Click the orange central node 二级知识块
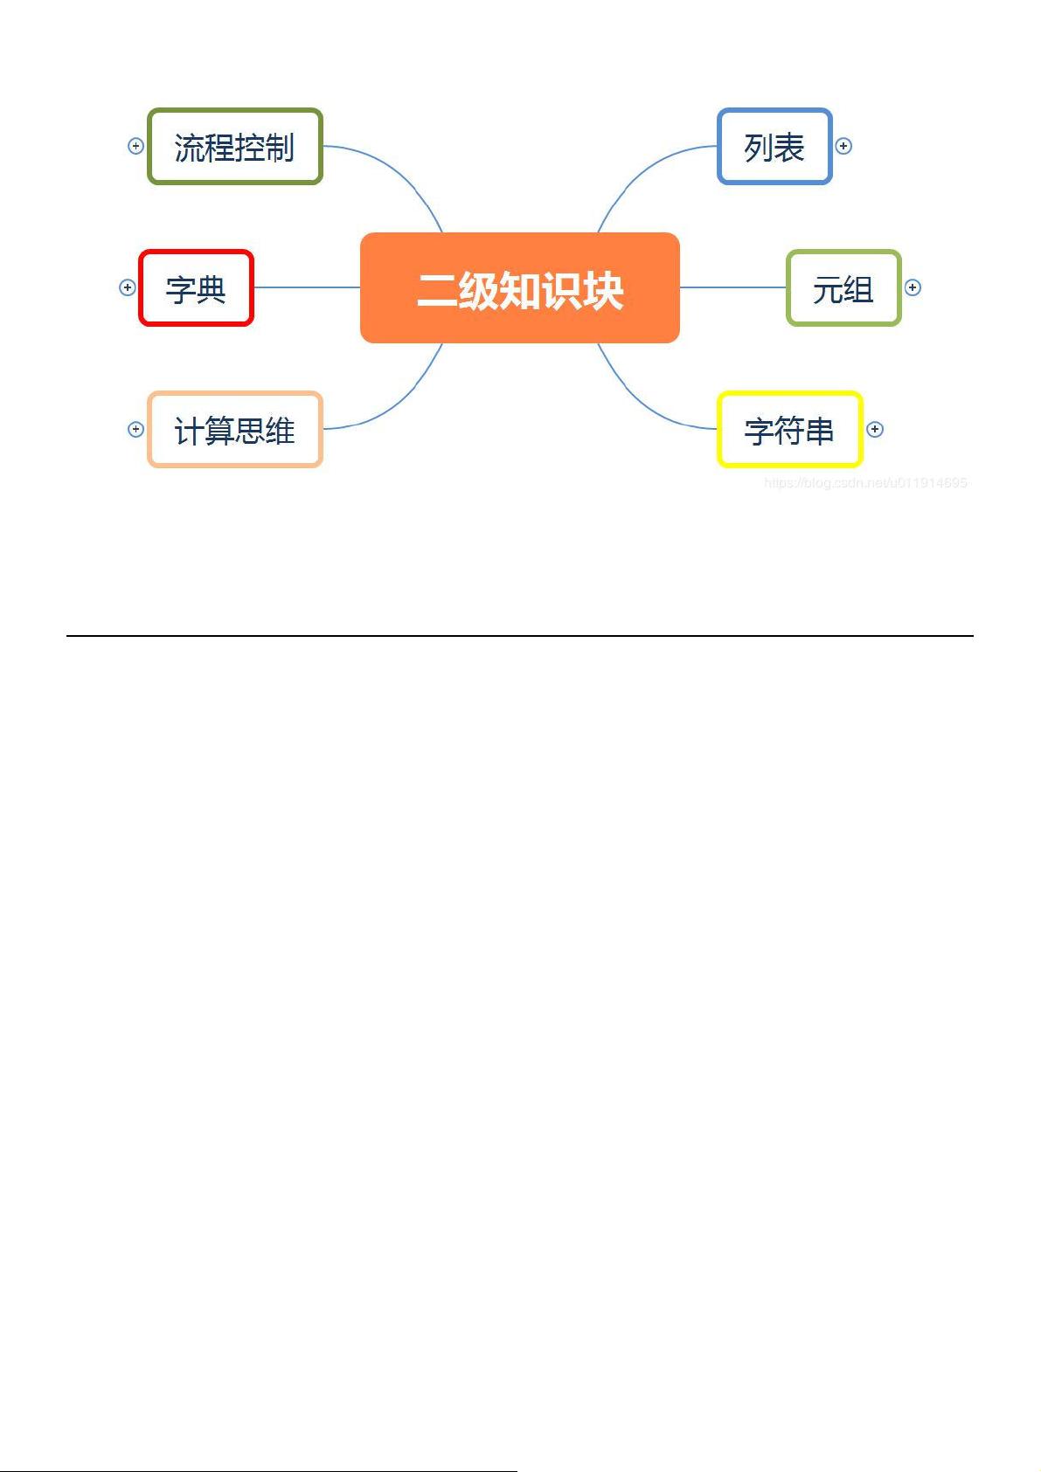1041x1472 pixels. tap(520, 287)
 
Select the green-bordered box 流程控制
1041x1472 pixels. tap(235, 147)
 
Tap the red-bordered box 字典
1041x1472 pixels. tap(196, 288)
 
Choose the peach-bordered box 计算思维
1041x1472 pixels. tap(235, 430)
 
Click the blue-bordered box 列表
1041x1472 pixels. tap(774, 147)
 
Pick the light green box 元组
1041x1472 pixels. tap(843, 288)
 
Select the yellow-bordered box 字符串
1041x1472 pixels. tap(790, 430)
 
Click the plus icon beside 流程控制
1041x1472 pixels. tap(135, 146)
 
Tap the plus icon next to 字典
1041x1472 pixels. tap(127, 287)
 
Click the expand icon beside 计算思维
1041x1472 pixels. tap(135, 429)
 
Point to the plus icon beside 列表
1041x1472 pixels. tap(843, 146)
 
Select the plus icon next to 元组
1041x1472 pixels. tap(913, 287)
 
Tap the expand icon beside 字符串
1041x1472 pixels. tap(875, 429)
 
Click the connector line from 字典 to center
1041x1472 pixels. tap(307, 287)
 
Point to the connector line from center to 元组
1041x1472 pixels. tap(732, 287)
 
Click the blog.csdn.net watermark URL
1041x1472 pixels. tap(865, 483)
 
